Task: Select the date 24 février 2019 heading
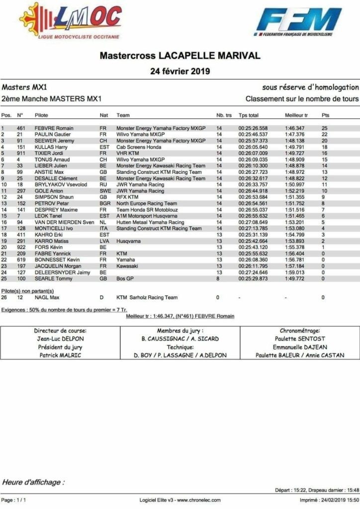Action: [180, 71]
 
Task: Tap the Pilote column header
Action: [41, 115]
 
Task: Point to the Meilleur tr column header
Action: [296, 115]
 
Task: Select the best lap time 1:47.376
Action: [295, 134]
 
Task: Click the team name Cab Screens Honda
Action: [139, 147]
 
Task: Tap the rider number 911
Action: [21, 153]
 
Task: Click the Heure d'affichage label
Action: [32, 482]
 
